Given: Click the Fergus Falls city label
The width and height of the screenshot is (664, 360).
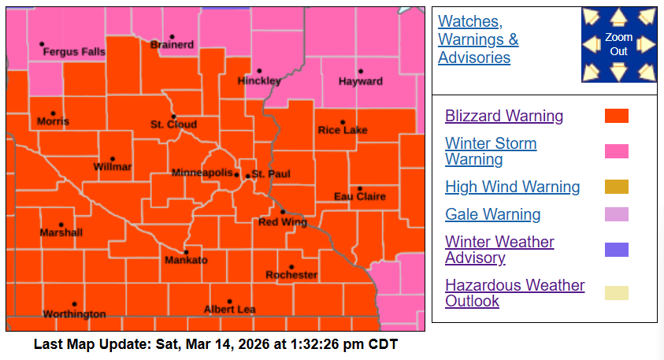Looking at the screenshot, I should tap(73, 52).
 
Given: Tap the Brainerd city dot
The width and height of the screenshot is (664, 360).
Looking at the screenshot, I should tap(172, 37).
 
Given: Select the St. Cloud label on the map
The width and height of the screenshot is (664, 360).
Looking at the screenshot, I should tap(173, 124).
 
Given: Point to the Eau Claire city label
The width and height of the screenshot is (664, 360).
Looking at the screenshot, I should tap(360, 196).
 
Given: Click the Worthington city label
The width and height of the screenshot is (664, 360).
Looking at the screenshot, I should tap(74, 314).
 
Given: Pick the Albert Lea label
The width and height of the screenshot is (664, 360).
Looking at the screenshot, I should tap(229, 310).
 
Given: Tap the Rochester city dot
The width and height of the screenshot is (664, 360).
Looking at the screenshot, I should tap(291, 267).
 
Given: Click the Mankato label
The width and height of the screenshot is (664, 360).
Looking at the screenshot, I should tap(186, 260).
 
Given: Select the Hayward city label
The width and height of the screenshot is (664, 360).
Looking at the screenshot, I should tap(360, 81).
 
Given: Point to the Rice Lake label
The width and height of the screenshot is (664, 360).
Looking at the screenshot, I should tap(342, 130).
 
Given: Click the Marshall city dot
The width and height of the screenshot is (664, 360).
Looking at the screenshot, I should tap(61, 225).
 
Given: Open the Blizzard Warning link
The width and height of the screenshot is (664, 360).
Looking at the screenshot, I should tap(504, 116).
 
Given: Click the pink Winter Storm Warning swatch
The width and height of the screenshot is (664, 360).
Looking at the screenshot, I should tap(616, 151).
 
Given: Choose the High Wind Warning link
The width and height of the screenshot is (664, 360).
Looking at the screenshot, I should tap(512, 187).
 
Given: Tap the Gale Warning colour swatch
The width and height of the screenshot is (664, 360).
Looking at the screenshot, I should tap(616, 214).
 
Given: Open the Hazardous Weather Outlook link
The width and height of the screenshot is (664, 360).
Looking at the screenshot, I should tap(514, 293).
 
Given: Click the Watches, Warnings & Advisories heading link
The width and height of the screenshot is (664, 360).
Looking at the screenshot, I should tap(478, 39).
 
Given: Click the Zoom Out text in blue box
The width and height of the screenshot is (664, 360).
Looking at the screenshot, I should tap(619, 44).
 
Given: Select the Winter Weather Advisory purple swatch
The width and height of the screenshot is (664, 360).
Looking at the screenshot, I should tap(616, 250).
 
